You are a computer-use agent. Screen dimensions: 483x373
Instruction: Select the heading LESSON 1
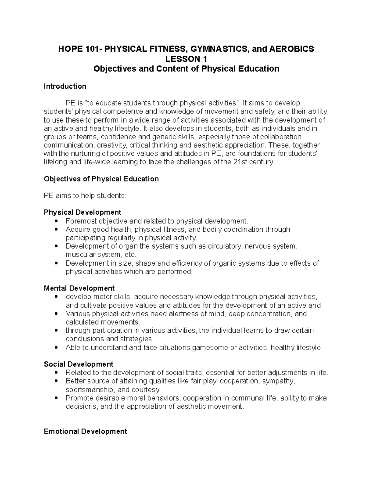click(186, 59)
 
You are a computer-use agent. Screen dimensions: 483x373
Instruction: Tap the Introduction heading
click(65, 86)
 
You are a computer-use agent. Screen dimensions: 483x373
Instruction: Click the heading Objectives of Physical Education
click(101, 179)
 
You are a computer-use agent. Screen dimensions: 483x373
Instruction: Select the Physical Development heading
click(82, 212)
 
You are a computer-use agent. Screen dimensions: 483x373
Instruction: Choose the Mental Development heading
click(79, 288)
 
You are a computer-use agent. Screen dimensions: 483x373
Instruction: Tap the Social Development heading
click(79, 364)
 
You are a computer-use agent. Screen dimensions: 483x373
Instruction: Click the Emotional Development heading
click(85, 431)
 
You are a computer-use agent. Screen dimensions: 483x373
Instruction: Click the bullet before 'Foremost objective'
click(56, 221)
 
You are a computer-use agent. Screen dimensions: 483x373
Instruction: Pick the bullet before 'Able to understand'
click(56, 347)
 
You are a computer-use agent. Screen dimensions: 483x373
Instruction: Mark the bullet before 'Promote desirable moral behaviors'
click(56, 398)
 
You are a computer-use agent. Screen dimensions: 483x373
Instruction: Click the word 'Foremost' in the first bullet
click(81, 221)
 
